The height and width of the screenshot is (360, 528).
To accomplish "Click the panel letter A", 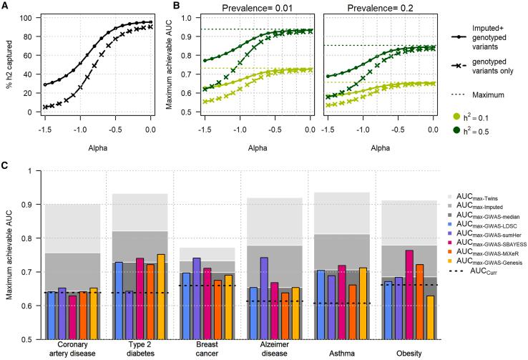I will click(x=4, y=6).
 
